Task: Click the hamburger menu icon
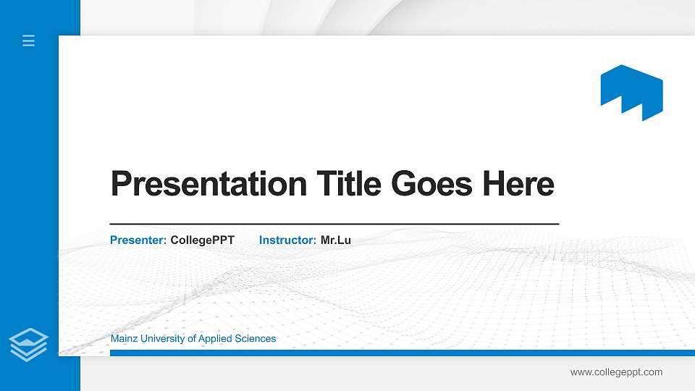point(29,41)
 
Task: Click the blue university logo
point(631,92)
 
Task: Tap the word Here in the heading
point(518,184)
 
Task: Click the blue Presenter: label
point(138,240)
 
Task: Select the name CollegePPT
point(203,240)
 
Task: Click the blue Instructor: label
point(287,240)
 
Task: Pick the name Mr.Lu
point(336,240)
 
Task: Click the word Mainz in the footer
point(123,339)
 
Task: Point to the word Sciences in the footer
point(256,339)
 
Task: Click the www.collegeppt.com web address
point(616,372)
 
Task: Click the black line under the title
point(334,224)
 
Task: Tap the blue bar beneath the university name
point(397,353)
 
